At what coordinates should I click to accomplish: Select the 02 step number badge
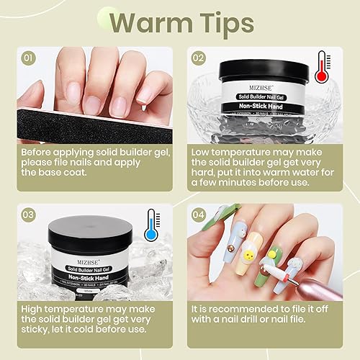pyautogui.click(x=199, y=58)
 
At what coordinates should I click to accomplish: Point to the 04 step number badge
pyautogui.click(x=199, y=214)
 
